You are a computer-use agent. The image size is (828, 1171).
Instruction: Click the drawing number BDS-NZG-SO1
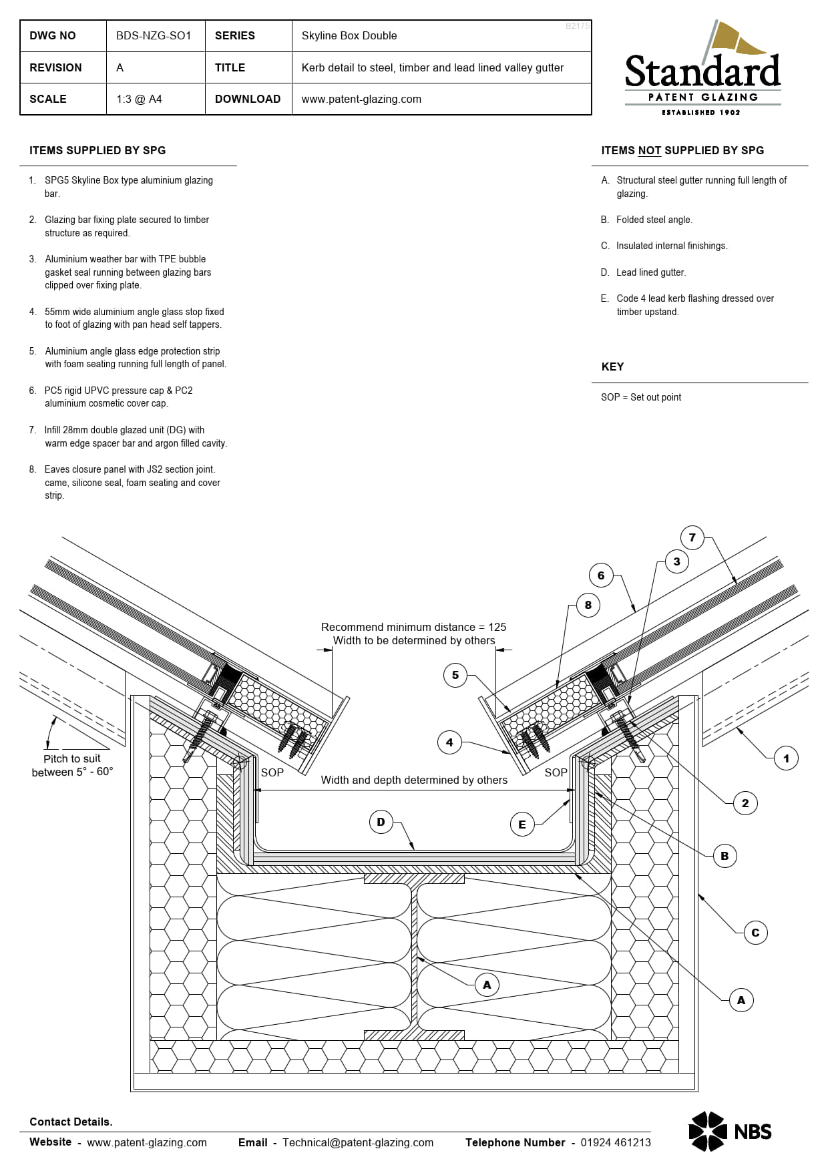click(154, 36)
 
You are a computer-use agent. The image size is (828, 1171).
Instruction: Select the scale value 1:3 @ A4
click(139, 99)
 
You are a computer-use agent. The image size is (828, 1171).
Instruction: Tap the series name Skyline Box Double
click(349, 36)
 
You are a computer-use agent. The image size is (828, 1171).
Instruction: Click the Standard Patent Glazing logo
click(702, 69)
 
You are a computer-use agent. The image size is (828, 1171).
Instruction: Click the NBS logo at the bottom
click(730, 1131)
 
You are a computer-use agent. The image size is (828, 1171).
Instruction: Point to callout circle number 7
click(692, 537)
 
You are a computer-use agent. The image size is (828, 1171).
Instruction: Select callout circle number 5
click(455, 675)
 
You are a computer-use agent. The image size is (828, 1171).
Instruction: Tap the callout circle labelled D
click(381, 822)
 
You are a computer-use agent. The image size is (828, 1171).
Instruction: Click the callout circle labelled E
click(522, 825)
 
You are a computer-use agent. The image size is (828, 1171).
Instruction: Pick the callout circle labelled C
click(755, 933)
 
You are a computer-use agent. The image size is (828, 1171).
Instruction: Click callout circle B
click(724, 856)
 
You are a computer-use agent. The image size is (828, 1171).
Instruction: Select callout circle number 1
click(786, 758)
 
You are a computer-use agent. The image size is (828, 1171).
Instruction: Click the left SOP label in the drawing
click(272, 772)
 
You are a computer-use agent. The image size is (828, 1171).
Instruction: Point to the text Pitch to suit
click(72, 759)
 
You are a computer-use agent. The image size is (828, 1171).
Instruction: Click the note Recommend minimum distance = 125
click(413, 627)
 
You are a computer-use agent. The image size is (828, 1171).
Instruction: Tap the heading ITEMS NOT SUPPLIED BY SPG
click(682, 151)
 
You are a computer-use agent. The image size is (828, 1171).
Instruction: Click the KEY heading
click(612, 367)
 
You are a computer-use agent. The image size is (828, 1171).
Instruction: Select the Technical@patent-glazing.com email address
click(358, 1142)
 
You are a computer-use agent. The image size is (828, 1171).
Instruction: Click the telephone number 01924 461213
click(615, 1142)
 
